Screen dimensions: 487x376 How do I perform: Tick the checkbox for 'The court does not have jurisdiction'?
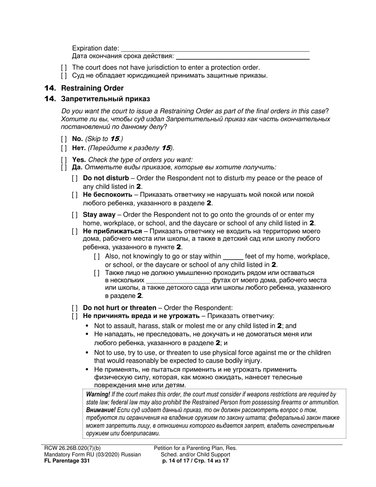[64, 68]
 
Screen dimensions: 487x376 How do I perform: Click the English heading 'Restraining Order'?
[92, 88]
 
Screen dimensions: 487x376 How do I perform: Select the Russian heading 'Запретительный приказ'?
[105, 99]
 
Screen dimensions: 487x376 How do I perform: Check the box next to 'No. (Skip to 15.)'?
[64, 139]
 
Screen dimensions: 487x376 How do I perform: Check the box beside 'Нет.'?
[64, 148]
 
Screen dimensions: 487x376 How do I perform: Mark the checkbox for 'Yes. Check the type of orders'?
[64, 160]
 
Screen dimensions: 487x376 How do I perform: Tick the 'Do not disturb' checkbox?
[75, 178]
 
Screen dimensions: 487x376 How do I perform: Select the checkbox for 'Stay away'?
[75, 215]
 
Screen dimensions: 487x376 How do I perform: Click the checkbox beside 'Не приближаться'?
[75, 231]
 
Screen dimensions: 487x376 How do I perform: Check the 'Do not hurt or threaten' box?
[75, 308]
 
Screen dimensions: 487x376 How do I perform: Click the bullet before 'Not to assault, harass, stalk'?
[87, 326]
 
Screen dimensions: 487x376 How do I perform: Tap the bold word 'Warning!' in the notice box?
[98, 394]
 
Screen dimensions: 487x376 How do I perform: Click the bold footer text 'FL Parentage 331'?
[67, 460]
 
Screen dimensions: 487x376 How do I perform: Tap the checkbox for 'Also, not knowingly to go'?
[97, 257]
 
